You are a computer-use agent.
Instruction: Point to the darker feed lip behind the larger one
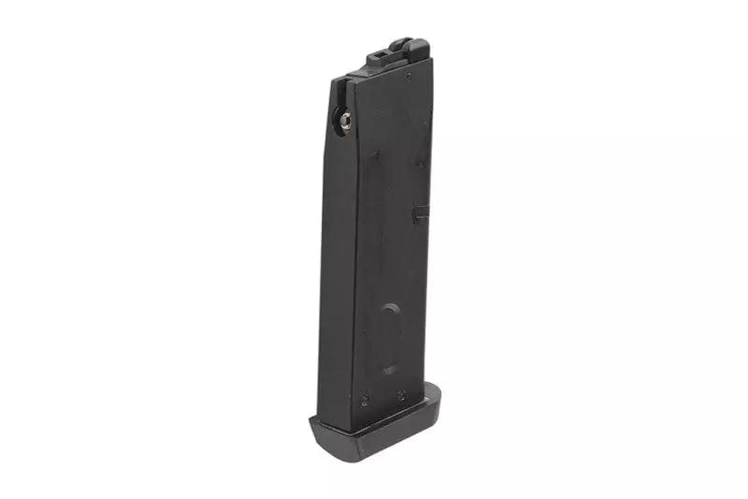click(398, 42)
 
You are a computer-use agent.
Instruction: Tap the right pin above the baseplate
click(399, 395)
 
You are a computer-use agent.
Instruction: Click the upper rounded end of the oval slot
click(391, 312)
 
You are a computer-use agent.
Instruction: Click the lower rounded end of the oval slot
click(389, 366)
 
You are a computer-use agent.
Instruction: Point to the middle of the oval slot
click(390, 339)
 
